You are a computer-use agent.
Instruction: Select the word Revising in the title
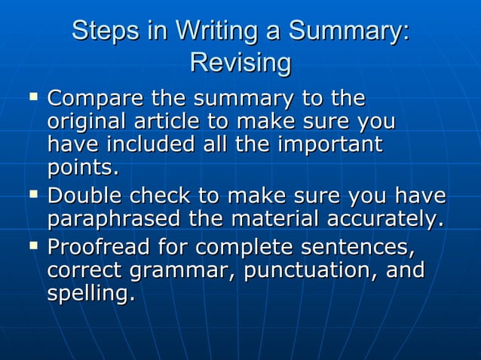(x=240, y=63)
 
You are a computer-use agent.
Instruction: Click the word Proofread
(x=103, y=247)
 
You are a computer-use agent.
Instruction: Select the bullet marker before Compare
(x=32, y=97)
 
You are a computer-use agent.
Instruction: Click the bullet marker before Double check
(x=32, y=195)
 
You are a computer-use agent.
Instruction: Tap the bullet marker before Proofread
(x=32, y=246)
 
